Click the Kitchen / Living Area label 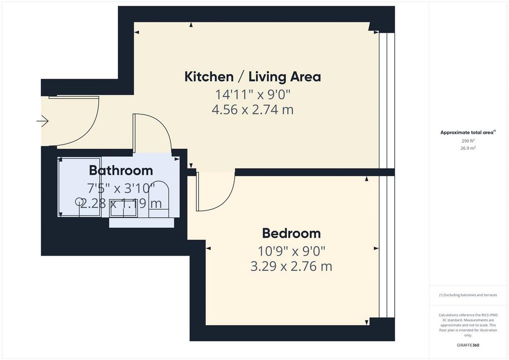(x=253, y=77)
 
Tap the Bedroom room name (x=291, y=233)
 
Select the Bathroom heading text (x=121, y=171)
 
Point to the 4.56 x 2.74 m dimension (x=253, y=110)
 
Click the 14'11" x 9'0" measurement (x=253, y=94)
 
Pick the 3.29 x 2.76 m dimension (x=291, y=267)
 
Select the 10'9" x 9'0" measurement (x=291, y=251)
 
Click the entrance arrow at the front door (x=42, y=121)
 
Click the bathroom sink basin (x=123, y=208)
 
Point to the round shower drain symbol (x=79, y=201)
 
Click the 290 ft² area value (x=468, y=141)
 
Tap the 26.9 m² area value (x=468, y=148)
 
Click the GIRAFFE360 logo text (x=468, y=345)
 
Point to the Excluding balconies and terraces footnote (x=468, y=295)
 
